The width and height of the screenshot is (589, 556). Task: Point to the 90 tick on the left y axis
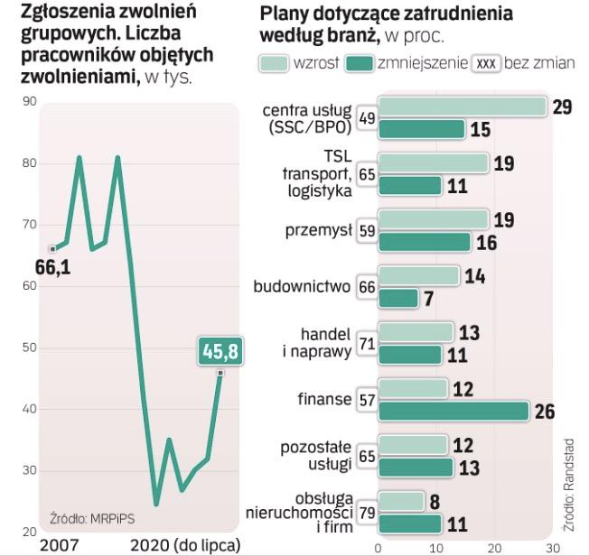click(28, 102)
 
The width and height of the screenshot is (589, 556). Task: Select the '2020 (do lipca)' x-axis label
click(186, 545)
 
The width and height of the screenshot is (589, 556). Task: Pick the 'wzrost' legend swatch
click(272, 63)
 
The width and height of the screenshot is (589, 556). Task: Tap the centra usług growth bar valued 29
click(462, 107)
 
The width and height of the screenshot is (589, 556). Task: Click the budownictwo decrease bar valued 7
click(398, 298)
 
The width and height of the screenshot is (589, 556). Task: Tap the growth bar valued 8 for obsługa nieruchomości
click(401, 500)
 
